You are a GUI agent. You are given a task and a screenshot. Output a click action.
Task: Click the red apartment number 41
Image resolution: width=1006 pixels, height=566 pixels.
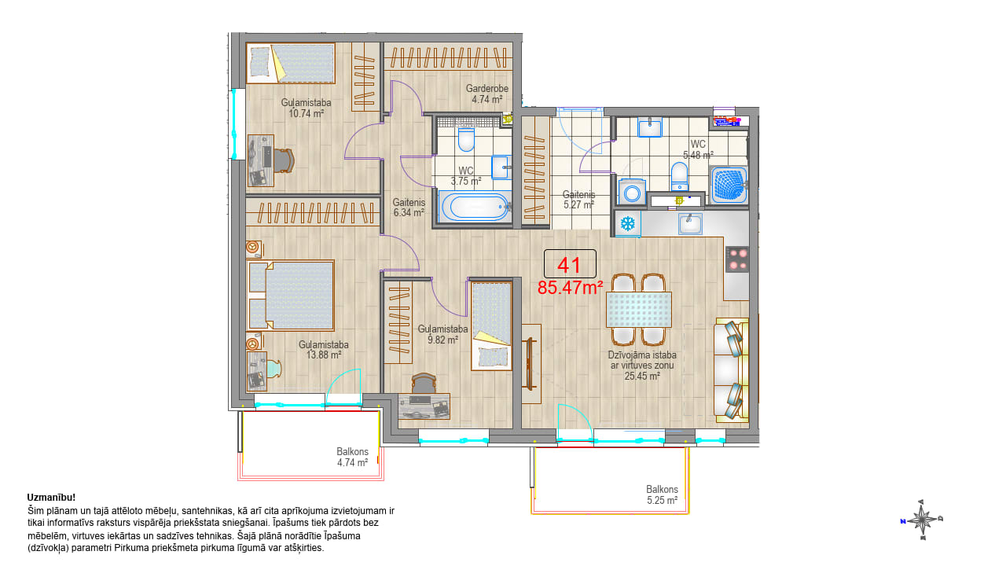[569, 265]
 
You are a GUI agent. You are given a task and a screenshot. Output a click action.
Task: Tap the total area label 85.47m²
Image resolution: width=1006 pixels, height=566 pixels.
[570, 288]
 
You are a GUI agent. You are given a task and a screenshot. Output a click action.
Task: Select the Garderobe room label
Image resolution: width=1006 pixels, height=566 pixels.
[486, 89]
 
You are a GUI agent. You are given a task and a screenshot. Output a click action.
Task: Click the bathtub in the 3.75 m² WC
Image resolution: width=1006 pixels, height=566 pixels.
[475, 207]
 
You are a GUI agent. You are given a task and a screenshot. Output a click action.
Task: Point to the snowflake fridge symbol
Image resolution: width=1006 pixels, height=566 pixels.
[627, 223]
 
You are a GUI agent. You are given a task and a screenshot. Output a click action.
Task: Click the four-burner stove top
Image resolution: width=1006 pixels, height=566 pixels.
[737, 259]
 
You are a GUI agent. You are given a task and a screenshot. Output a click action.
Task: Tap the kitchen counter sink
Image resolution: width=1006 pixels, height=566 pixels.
[690, 224]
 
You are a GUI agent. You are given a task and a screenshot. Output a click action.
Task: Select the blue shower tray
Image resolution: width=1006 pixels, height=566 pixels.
[729, 185]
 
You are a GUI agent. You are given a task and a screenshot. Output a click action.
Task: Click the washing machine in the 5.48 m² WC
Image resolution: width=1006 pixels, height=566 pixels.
[632, 193]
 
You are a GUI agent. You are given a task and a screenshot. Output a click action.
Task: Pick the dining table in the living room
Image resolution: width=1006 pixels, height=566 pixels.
[639, 310]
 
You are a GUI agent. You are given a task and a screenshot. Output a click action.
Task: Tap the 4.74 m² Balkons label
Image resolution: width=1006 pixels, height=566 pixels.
[353, 457]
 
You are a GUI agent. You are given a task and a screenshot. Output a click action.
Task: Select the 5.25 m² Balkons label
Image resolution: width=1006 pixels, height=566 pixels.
[662, 494]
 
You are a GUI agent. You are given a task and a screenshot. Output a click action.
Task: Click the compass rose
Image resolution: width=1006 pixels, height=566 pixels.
[922, 520]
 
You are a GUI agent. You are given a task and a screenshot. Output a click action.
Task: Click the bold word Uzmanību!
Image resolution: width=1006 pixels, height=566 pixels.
[51, 498]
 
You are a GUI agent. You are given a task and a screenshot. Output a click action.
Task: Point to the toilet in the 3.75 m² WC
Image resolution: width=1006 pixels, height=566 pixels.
[466, 139]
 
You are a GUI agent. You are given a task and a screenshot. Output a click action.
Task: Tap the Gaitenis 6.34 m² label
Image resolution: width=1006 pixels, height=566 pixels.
[409, 207]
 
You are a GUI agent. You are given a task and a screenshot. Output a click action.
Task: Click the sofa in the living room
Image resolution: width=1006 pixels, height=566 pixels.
[732, 370]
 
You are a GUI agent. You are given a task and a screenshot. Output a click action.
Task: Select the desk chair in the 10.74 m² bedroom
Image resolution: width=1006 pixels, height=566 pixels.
[284, 160]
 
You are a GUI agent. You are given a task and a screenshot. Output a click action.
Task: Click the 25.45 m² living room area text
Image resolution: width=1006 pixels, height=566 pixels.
[642, 376]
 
